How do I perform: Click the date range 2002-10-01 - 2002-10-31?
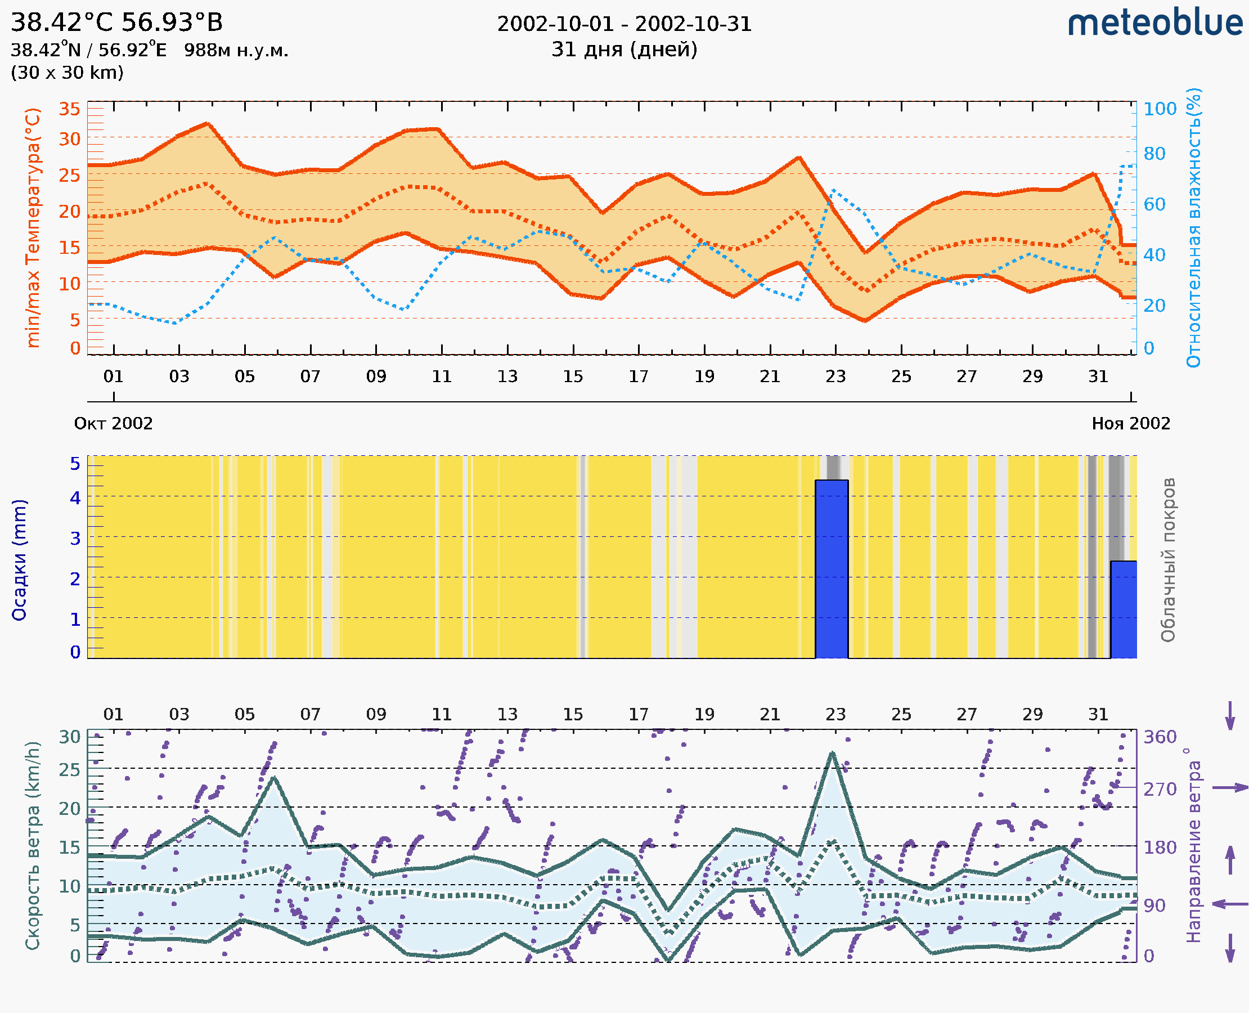pos(624,24)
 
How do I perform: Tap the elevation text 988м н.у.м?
pos(236,51)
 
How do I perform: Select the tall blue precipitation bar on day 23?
pos(832,569)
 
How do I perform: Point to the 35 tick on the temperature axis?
pos(69,109)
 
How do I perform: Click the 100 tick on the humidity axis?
pos(1160,109)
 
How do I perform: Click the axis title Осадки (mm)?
pos(19,560)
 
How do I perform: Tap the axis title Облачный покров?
pos(1168,560)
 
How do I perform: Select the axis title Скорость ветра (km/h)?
pos(33,845)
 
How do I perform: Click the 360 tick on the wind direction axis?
pos(1160,737)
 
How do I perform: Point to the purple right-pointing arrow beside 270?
pos(1230,788)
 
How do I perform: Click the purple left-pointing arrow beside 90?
pos(1230,904)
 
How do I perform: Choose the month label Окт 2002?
pos(113,424)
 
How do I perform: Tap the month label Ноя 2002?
pos(1131,424)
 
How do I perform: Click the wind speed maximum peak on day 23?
pos(832,754)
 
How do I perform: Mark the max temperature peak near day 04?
pos(208,124)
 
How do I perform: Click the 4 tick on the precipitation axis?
pos(75,497)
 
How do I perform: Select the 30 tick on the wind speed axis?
pos(69,737)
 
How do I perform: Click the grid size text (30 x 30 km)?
pos(67,73)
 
